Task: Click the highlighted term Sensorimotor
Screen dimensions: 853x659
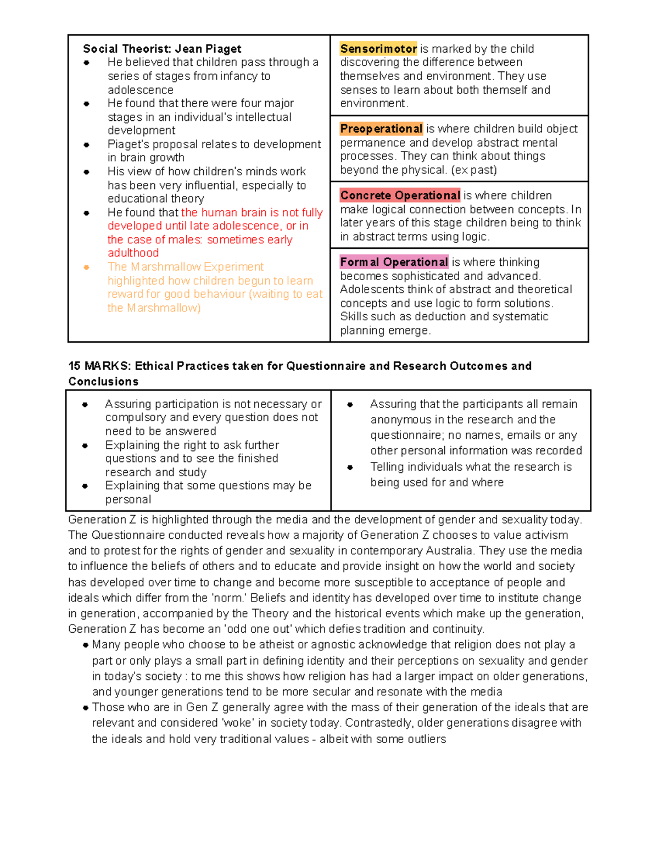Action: (x=378, y=49)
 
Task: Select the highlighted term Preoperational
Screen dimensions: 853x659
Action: (x=381, y=129)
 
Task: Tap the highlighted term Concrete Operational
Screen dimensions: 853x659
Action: (x=400, y=196)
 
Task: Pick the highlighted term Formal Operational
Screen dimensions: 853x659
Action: (x=394, y=263)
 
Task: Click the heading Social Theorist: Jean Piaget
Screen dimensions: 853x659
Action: (x=162, y=49)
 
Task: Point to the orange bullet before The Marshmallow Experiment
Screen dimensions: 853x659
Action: (x=86, y=267)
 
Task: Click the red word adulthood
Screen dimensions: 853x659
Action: (x=133, y=253)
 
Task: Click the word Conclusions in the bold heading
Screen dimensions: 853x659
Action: (x=103, y=382)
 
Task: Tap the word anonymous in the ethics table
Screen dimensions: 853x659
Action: (x=396, y=420)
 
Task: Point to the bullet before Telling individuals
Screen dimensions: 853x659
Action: (x=350, y=467)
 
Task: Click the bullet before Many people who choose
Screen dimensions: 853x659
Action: (x=86, y=645)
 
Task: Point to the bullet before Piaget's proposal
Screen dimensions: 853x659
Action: (x=86, y=145)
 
